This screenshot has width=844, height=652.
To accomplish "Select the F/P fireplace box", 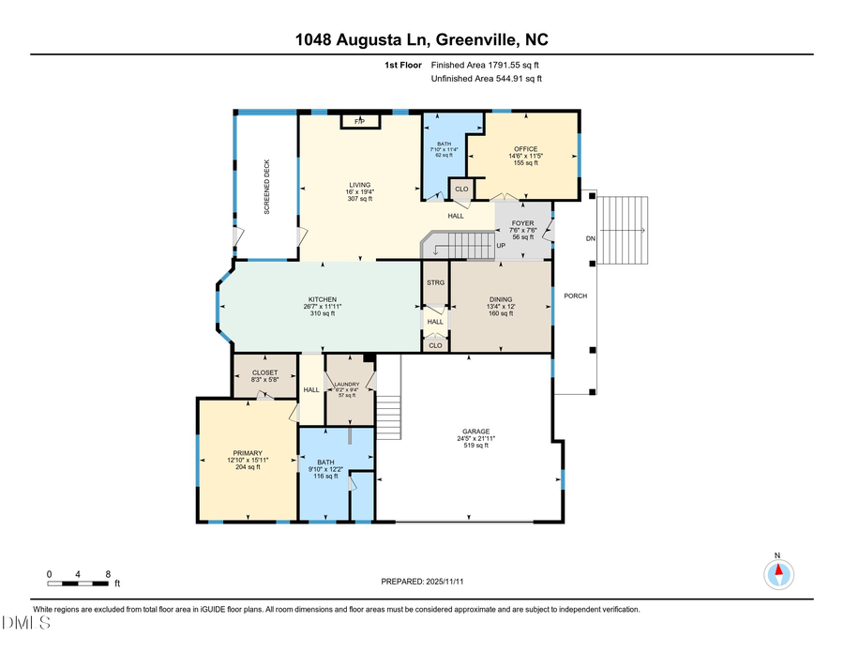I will [x=359, y=121].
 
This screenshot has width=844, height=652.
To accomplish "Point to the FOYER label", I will [x=522, y=223].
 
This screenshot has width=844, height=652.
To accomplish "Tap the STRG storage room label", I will [x=435, y=281].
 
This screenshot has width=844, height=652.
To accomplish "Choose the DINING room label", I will [x=500, y=299].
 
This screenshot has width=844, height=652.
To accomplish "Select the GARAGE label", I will [x=475, y=432].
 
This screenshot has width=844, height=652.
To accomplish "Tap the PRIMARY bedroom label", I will [x=248, y=452].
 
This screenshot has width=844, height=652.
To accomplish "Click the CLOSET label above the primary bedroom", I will [x=264, y=372].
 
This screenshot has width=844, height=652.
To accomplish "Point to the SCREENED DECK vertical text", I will [x=266, y=188].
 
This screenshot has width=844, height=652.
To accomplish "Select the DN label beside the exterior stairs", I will [x=591, y=238].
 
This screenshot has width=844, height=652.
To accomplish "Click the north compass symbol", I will [x=776, y=571].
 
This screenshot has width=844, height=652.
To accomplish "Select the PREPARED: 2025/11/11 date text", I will [x=422, y=582].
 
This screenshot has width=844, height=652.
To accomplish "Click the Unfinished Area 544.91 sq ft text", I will [x=486, y=79].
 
